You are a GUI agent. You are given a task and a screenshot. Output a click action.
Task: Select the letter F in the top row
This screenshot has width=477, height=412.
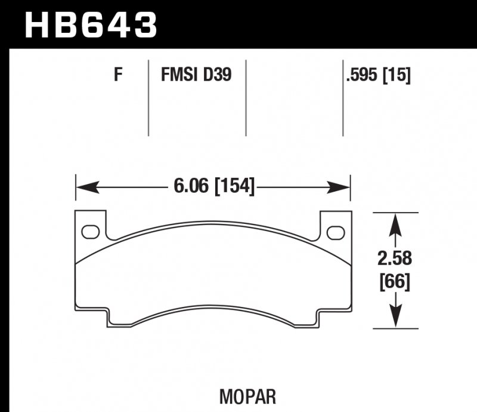pos(119,76)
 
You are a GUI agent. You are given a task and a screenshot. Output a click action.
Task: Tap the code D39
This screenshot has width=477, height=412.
pos(218,76)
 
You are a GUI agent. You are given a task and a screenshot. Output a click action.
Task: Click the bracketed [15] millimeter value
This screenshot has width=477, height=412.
pos(398,76)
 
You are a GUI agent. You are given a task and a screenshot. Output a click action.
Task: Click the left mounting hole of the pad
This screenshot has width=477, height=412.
pos(91,230)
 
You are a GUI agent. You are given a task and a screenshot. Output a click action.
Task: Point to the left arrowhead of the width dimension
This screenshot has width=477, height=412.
pos(84,188)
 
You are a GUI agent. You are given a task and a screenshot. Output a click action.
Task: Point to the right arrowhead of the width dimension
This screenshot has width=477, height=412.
pos(342,188)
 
